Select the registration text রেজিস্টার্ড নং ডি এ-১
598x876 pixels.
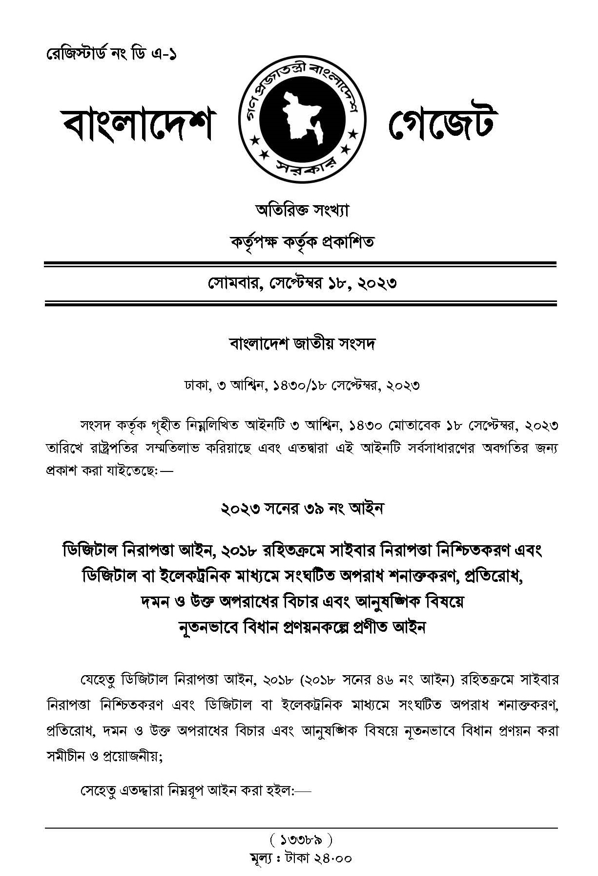111,54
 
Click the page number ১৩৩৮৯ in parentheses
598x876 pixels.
300,840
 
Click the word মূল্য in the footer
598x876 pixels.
263,858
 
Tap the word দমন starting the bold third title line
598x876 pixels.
154,602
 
